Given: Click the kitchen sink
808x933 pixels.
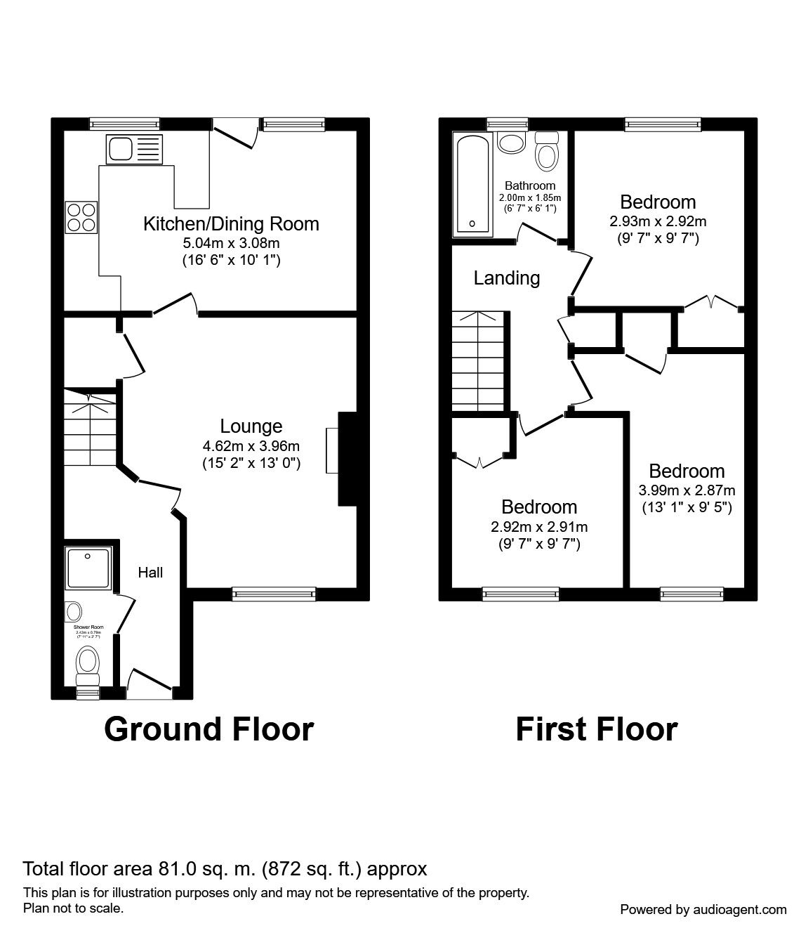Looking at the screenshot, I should pyautogui.click(x=133, y=150).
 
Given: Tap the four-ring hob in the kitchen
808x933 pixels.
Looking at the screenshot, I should pyautogui.click(x=81, y=216).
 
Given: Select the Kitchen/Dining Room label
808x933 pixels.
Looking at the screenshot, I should pyautogui.click(x=231, y=224).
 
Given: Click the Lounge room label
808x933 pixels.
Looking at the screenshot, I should pyautogui.click(x=251, y=426).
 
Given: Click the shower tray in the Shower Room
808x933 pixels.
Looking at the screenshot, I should pyautogui.click(x=88, y=568).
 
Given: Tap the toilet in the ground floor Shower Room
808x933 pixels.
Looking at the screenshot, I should pyautogui.click(x=88, y=664).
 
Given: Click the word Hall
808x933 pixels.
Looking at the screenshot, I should pyautogui.click(x=150, y=573).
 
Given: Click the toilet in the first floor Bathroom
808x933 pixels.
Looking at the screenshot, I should pyautogui.click(x=546, y=150).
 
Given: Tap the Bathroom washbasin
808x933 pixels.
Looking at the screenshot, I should pyautogui.click(x=511, y=143).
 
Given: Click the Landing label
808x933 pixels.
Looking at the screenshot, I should pyautogui.click(x=506, y=278).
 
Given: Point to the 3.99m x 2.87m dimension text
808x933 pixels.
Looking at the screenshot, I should pyautogui.click(x=686, y=490).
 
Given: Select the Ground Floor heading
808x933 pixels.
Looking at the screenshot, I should pyautogui.click(x=208, y=729).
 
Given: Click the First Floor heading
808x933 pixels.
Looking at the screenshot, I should pyautogui.click(x=596, y=729).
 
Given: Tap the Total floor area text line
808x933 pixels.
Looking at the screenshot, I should pyautogui.click(x=225, y=869).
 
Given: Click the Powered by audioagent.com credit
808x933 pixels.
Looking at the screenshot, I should pyautogui.click(x=703, y=909).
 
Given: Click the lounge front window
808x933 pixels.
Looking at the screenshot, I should pyautogui.click(x=274, y=594).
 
